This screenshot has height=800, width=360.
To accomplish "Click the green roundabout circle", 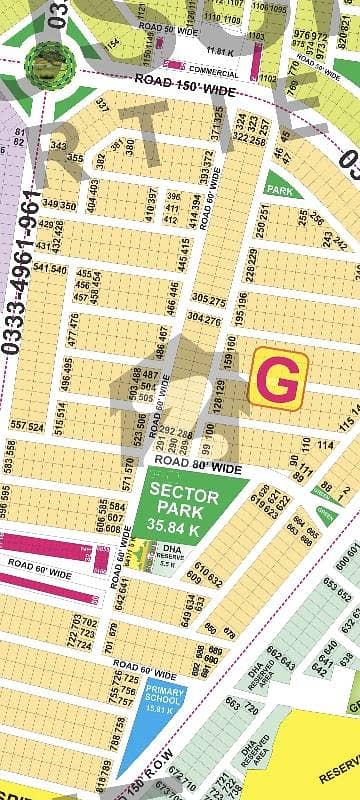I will click(42, 62).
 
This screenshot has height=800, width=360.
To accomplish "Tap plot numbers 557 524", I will click(28, 426).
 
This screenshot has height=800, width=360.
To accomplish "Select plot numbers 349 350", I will click(59, 205).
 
